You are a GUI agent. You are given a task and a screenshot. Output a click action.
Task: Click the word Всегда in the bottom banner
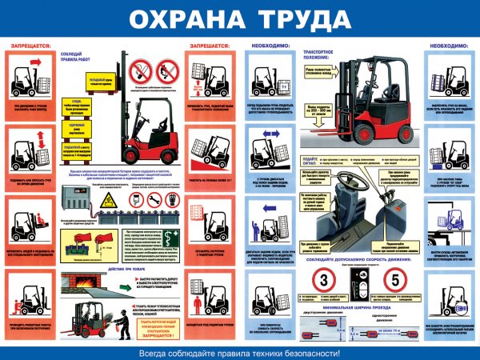pyautogui.click(x=156, y=351)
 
